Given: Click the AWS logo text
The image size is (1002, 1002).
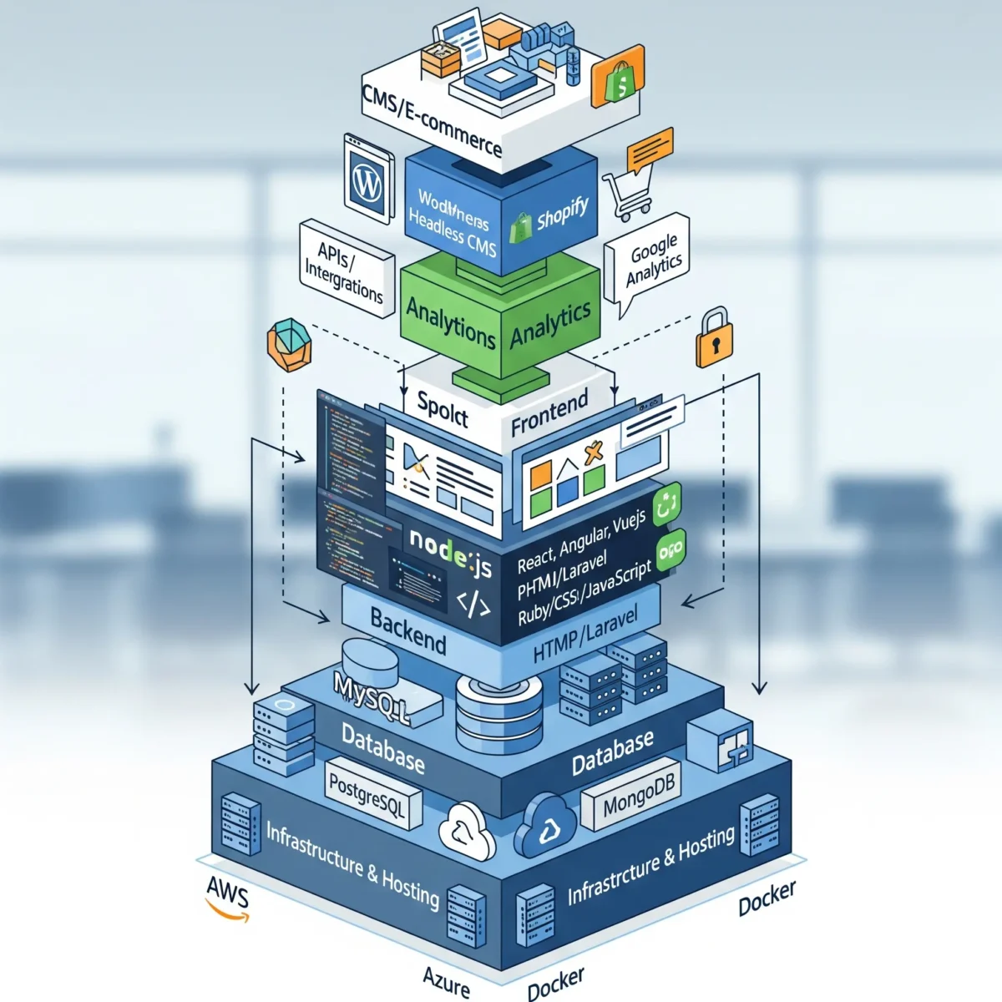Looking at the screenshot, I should [227, 893].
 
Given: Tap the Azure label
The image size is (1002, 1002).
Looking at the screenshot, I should [447, 982].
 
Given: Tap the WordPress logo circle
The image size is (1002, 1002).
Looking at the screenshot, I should [367, 180].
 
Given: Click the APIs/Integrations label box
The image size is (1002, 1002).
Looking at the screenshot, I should [345, 268].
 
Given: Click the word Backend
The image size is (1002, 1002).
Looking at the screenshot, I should [407, 630].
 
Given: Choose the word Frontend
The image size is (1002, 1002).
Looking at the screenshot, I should [549, 412].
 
